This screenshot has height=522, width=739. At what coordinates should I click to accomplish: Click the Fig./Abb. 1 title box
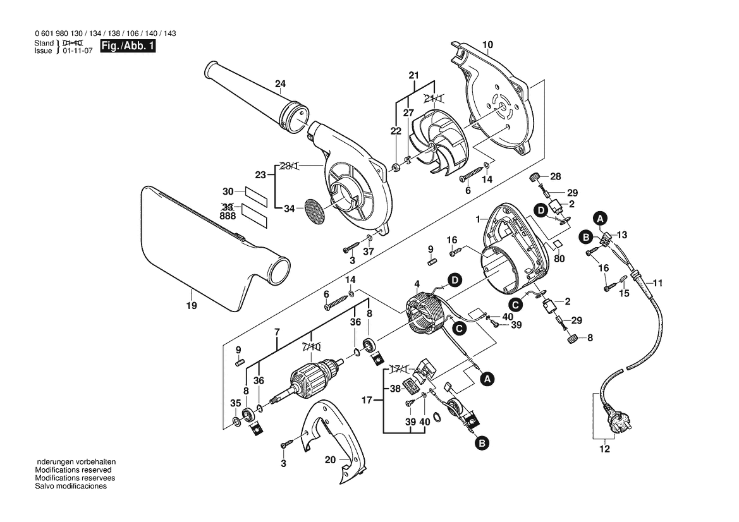tap(128, 46)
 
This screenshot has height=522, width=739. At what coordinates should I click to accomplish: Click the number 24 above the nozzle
tap(281, 84)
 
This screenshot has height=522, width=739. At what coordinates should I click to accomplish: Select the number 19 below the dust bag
tap(191, 306)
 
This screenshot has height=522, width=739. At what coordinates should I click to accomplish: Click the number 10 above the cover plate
tap(488, 45)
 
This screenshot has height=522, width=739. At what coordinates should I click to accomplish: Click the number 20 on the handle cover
tap(331, 459)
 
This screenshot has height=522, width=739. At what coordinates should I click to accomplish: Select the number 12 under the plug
tap(604, 449)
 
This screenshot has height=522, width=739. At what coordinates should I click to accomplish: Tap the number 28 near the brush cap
tap(556, 177)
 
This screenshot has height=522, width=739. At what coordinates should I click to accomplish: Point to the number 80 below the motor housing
tap(559, 259)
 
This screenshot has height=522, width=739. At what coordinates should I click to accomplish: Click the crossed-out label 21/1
tap(434, 98)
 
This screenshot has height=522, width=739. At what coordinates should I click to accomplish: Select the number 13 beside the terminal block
tap(622, 235)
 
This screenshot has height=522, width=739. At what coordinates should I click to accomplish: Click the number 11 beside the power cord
tap(657, 284)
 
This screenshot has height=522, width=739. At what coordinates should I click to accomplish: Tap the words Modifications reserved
tap(73, 470)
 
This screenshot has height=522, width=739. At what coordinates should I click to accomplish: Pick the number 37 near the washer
tap(368, 252)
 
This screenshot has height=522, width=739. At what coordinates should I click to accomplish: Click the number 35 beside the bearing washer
tap(236, 403)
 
